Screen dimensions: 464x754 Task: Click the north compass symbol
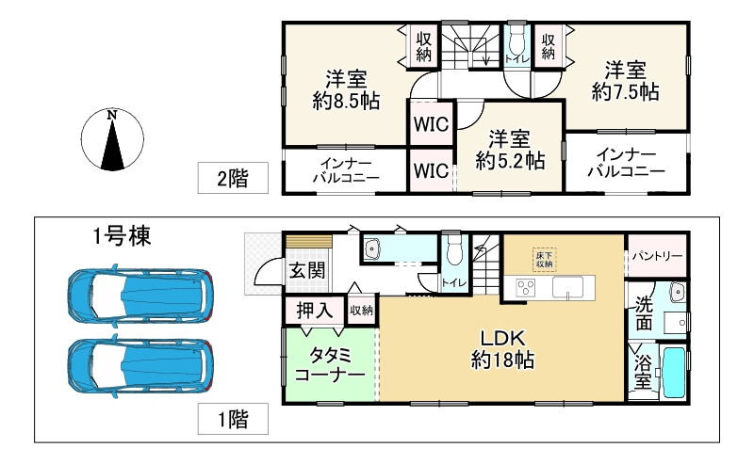112,140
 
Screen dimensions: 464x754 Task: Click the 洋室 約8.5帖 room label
346,88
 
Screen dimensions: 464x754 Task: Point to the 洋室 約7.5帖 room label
625,80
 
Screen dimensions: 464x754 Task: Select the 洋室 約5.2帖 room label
509,149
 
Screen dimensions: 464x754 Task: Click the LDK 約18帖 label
503,347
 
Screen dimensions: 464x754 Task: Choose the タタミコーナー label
330,363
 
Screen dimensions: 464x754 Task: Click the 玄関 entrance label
306,271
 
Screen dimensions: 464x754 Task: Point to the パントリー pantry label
657,255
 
